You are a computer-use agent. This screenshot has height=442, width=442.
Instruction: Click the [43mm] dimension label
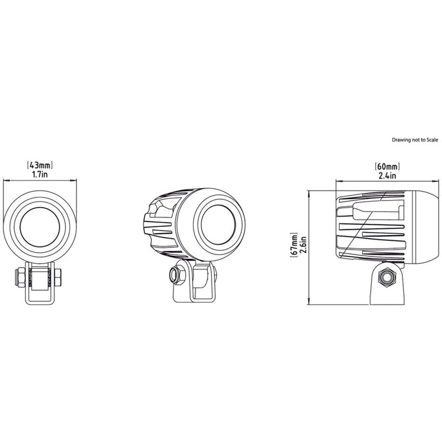[40, 165]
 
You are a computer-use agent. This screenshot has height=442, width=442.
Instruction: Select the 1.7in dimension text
[40, 174]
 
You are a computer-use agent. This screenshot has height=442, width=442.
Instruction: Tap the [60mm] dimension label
[387, 166]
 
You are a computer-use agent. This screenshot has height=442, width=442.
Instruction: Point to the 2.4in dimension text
[387, 175]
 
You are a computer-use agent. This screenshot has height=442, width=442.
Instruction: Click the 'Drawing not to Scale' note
[414, 140]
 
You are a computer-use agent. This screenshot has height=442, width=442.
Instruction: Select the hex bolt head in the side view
[386, 276]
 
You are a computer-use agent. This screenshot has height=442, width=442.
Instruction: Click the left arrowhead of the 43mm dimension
[6, 180]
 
